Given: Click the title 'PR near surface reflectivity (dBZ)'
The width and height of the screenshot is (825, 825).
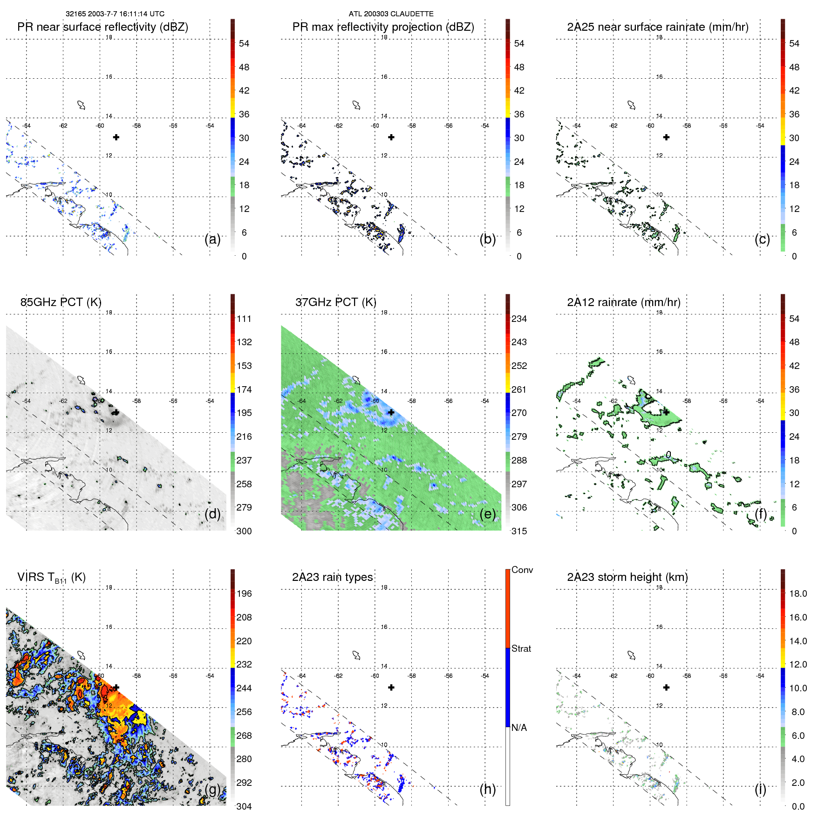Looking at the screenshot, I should (102, 27).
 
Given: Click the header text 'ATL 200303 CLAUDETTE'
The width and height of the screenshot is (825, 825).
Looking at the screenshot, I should (391, 14).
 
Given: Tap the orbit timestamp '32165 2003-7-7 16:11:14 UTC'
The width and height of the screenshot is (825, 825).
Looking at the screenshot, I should (115, 14).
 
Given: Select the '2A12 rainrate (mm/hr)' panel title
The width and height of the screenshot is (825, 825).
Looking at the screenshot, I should (623, 302).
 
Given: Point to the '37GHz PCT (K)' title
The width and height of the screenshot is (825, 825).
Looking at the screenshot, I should (335, 302).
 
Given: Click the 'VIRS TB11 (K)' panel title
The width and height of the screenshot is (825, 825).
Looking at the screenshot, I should (51, 578).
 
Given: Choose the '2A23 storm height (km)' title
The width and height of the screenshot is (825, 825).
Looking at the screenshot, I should (627, 577).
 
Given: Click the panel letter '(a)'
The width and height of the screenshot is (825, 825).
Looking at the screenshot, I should (212, 239).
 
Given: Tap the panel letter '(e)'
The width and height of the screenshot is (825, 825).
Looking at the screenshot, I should (487, 514).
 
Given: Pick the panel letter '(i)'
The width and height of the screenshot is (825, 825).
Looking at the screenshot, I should (760, 789).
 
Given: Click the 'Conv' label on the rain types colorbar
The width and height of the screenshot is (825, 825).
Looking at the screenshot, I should (522, 570).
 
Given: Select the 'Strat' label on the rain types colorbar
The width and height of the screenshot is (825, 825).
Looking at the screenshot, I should (521, 648).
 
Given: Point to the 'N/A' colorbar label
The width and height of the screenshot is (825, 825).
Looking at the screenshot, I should (519, 728).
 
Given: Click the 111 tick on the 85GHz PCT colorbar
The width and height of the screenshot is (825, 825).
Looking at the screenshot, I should (244, 319).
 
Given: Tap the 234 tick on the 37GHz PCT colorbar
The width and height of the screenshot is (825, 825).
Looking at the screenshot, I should (519, 319).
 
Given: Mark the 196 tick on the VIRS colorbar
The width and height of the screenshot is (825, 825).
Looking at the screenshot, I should (244, 593).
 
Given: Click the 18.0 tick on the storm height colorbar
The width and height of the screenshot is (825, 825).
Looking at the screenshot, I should (798, 593).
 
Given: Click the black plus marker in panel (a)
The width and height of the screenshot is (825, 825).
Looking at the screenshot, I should (116, 137).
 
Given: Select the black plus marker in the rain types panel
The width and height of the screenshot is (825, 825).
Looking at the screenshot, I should (391, 687).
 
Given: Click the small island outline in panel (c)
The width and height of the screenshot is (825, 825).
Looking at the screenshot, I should (631, 105).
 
